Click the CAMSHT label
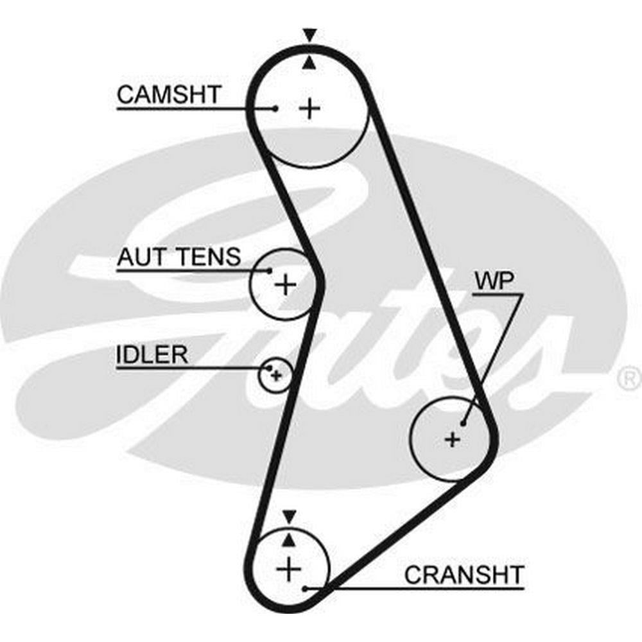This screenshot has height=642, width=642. pos(168,95)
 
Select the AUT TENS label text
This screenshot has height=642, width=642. pos(178,257)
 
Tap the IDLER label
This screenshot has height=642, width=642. pos(152,354)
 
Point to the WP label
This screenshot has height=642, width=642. pos(489,281)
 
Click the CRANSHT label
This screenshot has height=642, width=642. pos(464,574)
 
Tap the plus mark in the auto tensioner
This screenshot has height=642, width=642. pos(285,284)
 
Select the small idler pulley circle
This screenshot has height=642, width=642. pos(275,374)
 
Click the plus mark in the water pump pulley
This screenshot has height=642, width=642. pos(453,439)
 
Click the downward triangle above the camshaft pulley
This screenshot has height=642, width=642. pos(310,35)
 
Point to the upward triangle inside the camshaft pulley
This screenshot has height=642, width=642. pos(310,62)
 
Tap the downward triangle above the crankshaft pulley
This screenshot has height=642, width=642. pos(290,515)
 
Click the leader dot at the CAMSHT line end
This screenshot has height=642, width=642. pos(275,108)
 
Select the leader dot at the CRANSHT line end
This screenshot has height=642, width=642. pos(308,587)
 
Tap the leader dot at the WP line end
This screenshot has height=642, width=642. pos(463,423)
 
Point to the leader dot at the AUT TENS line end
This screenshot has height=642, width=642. pos(270,270)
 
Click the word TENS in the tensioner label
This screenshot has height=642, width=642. pos(209,257)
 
